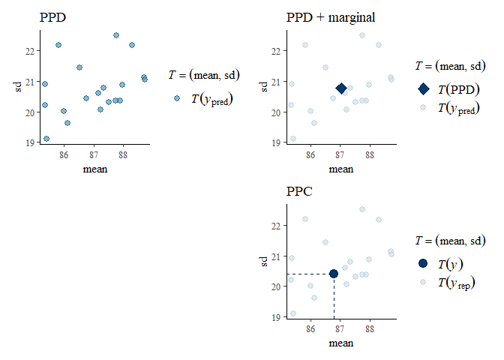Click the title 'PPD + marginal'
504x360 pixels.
[x=331, y=17]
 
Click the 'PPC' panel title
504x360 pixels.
[x=299, y=191]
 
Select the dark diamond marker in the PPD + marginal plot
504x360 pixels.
[x=341, y=88]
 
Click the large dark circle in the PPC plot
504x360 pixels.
[x=334, y=274]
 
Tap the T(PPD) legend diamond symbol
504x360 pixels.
[x=423, y=89]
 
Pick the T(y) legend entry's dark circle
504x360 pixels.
[x=423, y=263]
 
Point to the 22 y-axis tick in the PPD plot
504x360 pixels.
[x=29, y=51]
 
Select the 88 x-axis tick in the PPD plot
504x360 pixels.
[x=123, y=155]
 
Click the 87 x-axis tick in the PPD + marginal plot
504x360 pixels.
[x=340, y=155]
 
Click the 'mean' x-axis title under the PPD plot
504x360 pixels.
[x=95, y=169]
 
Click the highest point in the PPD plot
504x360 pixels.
[x=116, y=35]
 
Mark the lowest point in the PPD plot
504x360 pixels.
[x=46, y=139]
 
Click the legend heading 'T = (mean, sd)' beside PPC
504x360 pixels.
[x=451, y=241]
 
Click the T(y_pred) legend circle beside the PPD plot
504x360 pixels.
[x=177, y=98]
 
